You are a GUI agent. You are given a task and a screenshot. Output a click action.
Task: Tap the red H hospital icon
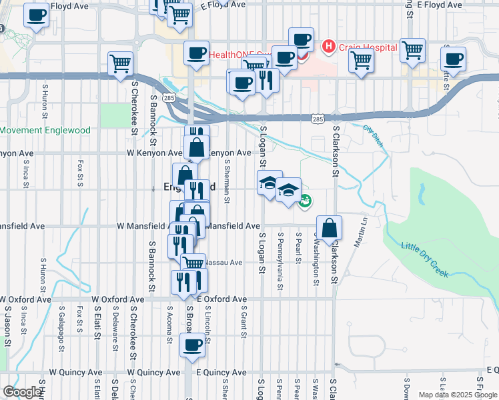pos(328,47)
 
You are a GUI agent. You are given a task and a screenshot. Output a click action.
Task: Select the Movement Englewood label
pos(45,130)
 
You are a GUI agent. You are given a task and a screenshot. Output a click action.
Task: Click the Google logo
pos(21,392)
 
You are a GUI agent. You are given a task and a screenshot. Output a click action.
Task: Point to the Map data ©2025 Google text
pos(457,395)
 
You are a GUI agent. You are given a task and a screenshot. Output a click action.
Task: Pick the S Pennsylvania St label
pos(280,254)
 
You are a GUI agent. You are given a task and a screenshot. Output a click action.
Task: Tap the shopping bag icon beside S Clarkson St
pos(329,228)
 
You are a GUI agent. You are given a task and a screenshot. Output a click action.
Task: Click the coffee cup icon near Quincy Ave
pos(192,345)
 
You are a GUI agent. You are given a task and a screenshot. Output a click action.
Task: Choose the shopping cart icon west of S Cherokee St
pos(121,63)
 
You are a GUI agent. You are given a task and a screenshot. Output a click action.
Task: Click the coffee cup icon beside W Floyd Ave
pos(37,15)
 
